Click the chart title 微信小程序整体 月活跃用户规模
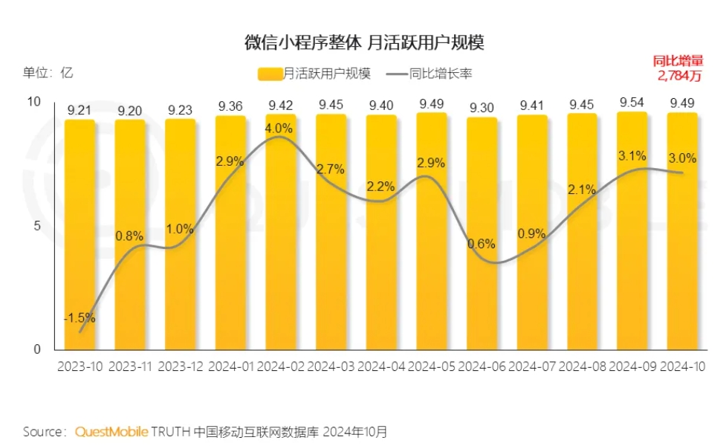tap(364, 42)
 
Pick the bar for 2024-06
tap(482, 238)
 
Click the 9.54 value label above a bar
tap(632, 103)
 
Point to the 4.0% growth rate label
tap(279, 128)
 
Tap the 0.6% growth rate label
tap(482, 243)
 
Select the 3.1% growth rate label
tap(632, 156)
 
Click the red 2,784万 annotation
tap(679, 75)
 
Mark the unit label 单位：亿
tap(48, 72)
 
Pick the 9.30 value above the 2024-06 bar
tap(482, 109)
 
